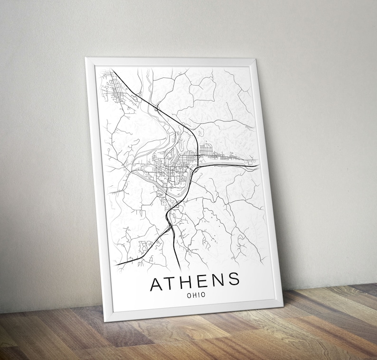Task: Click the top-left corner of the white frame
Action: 85,58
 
